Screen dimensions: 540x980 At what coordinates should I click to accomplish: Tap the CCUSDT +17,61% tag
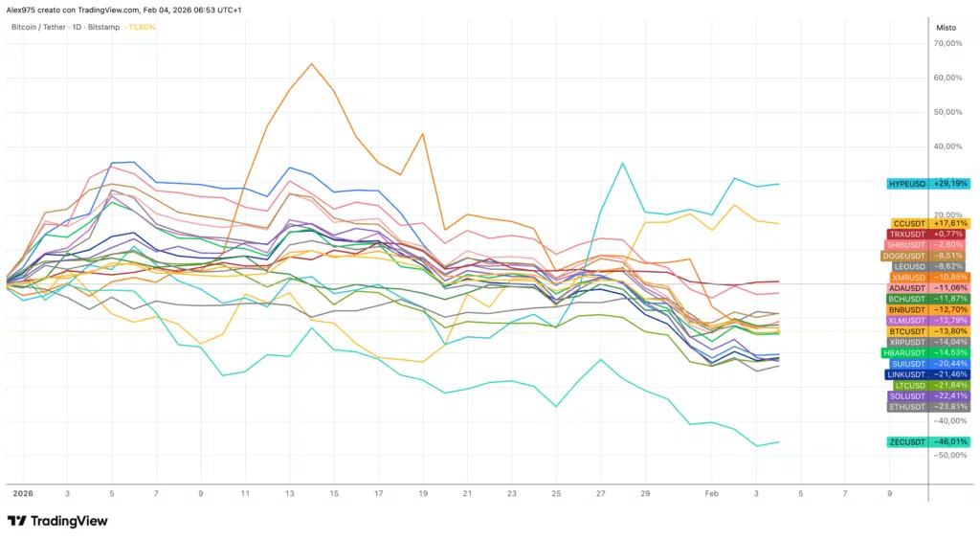tap(928, 223)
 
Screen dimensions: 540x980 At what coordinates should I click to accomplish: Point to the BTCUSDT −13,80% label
tap(927, 331)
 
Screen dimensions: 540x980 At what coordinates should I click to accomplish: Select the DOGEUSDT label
tap(924, 256)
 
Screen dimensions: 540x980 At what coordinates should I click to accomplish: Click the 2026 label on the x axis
tap(22, 494)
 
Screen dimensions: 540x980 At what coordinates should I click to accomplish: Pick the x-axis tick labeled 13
tap(289, 494)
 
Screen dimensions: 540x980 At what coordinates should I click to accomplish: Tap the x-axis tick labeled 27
tap(600, 494)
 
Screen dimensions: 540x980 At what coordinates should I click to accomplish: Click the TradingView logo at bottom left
tap(57, 521)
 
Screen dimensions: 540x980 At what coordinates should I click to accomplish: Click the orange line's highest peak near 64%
tap(312, 64)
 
